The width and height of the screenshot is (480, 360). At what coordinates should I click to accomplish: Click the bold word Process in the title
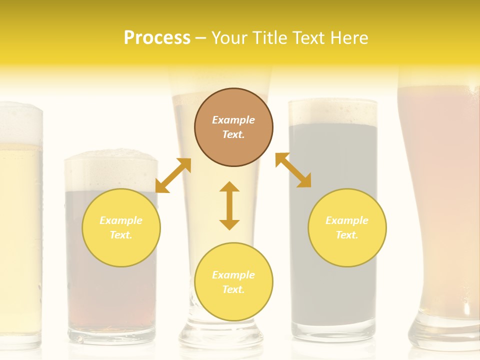point(157,38)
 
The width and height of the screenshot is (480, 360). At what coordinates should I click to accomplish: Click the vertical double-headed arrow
point(229,205)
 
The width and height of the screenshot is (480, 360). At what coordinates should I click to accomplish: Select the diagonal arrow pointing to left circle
point(173,175)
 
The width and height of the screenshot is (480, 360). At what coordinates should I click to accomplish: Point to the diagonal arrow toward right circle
point(293,170)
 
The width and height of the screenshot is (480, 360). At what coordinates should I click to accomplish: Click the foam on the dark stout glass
point(332,112)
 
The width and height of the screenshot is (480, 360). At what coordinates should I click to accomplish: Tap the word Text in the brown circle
point(233,134)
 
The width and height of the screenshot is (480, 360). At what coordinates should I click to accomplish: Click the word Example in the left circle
point(121,220)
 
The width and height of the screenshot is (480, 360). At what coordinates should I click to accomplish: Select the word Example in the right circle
point(347,220)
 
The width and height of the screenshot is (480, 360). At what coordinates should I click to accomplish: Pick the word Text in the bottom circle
point(233,289)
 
